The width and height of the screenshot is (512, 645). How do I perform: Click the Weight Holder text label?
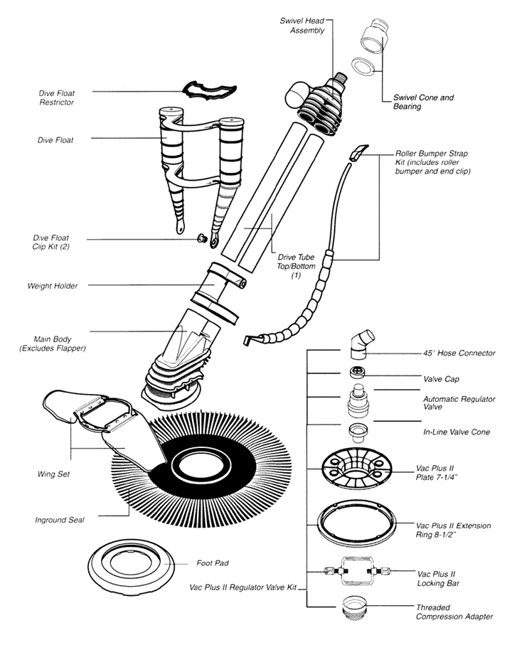[53, 286]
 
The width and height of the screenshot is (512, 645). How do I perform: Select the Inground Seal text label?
[60, 520]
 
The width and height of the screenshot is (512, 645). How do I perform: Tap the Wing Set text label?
[53, 474]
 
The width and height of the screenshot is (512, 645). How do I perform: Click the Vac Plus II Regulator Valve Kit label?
[243, 588]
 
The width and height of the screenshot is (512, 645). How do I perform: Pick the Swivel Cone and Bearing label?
[422, 102]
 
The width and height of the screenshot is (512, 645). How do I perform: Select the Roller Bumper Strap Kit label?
[434, 163]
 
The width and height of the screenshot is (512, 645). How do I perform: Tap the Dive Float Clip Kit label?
[55, 242]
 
